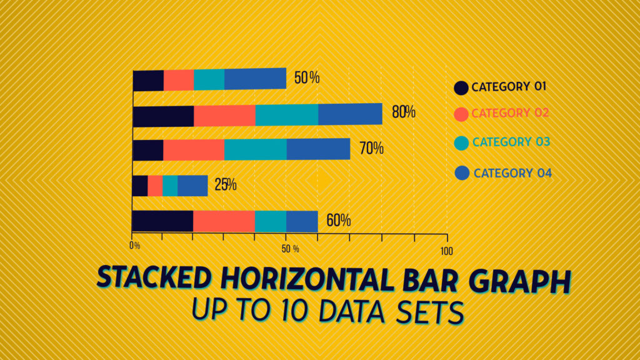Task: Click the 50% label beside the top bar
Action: [307, 78]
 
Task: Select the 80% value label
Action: [403, 112]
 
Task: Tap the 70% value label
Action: [371, 149]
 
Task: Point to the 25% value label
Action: [225, 185]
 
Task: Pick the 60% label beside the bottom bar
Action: [338, 221]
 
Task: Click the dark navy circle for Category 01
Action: [461, 87]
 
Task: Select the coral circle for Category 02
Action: [461, 114]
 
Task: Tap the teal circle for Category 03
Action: [461, 143]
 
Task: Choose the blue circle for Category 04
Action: [462, 173]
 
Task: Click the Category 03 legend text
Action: [511, 142]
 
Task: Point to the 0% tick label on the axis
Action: [135, 246]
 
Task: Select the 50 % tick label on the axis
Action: [290, 249]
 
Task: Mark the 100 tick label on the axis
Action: [446, 251]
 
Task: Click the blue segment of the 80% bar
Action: [350, 114]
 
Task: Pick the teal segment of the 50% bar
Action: [209, 79]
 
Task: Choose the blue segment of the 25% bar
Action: [192, 186]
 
